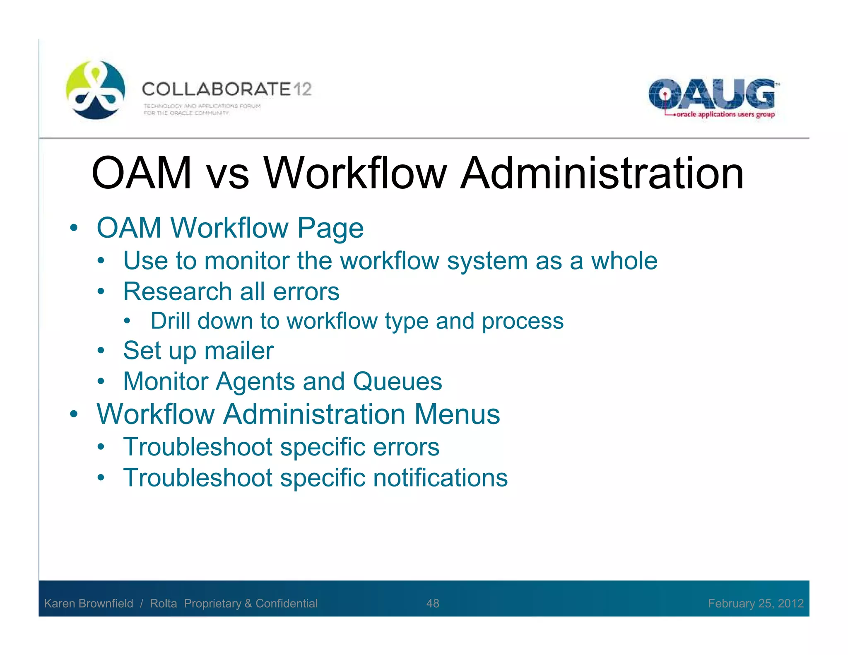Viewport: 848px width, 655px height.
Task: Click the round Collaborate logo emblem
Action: click(x=96, y=90)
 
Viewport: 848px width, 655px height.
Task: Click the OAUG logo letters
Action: click(x=711, y=94)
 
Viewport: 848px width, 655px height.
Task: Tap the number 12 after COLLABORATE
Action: click(x=302, y=89)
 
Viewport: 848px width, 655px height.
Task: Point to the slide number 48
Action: click(x=433, y=603)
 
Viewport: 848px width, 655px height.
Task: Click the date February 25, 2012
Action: click(x=756, y=603)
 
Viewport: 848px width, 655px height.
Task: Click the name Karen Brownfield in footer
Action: click(x=89, y=603)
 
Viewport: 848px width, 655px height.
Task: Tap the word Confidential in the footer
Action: click(x=287, y=603)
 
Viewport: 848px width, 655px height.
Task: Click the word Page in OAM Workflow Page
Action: click(x=330, y=229)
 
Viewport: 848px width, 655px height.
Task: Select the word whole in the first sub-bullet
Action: click(x=624, y=261)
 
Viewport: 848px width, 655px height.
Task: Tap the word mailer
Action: click(x=239, y=351)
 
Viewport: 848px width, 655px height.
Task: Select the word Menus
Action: click(x=457, y=414)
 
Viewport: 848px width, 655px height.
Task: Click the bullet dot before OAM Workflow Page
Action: click(x=74, y=228)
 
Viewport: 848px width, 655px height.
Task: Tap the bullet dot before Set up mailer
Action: click(x=101, y=351)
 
